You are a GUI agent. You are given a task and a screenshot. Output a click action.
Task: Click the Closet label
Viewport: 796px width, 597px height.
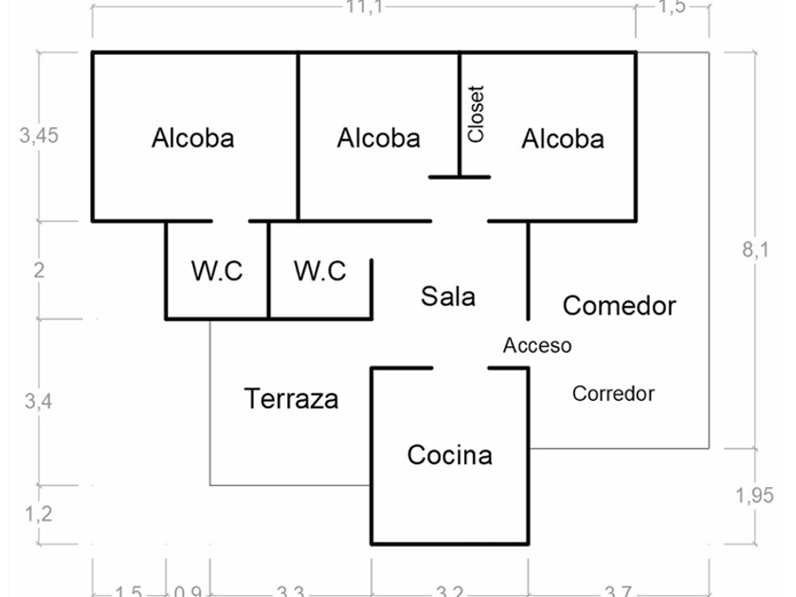tap(476, 114)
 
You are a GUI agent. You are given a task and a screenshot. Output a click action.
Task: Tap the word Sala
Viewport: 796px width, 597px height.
tap(448, 297)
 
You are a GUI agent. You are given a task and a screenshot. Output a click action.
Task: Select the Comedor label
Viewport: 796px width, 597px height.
tap(619, 305)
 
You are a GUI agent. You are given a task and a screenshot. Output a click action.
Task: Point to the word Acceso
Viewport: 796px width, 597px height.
tap(537, 346)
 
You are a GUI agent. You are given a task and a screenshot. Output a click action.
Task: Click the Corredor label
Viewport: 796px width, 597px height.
tap(613, 393)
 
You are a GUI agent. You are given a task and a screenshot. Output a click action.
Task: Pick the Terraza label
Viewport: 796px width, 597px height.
tap(291, 398)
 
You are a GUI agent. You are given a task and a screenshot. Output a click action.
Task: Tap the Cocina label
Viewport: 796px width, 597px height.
tap(449, 455)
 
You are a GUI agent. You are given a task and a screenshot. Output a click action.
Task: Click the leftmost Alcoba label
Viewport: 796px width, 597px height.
tap(192, 138)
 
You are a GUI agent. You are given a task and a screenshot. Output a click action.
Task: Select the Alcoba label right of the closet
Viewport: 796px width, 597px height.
tap(562, 139)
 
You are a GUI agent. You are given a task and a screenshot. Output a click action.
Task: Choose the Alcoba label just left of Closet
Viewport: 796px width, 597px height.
tap(378, 138)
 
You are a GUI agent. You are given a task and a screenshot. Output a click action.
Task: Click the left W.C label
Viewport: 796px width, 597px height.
tap(217, 271)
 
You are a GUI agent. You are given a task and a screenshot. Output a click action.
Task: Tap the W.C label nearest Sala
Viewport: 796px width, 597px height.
tap(319, 271)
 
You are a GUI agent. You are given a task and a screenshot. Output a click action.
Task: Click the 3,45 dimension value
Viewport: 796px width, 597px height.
tap(39, 136)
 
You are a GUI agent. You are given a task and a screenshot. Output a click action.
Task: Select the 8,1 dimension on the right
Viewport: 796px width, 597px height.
tap(756, 249)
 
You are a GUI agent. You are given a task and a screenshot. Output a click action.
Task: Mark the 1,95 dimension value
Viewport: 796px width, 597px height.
tap(754, 495)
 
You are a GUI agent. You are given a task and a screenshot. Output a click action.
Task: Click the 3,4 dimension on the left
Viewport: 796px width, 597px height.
tap(39, 401)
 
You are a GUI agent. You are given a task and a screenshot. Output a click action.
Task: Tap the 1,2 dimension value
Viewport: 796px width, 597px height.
tap(39, 515)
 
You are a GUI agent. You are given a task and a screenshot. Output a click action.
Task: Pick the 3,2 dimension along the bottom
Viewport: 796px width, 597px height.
tap(450, 591)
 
